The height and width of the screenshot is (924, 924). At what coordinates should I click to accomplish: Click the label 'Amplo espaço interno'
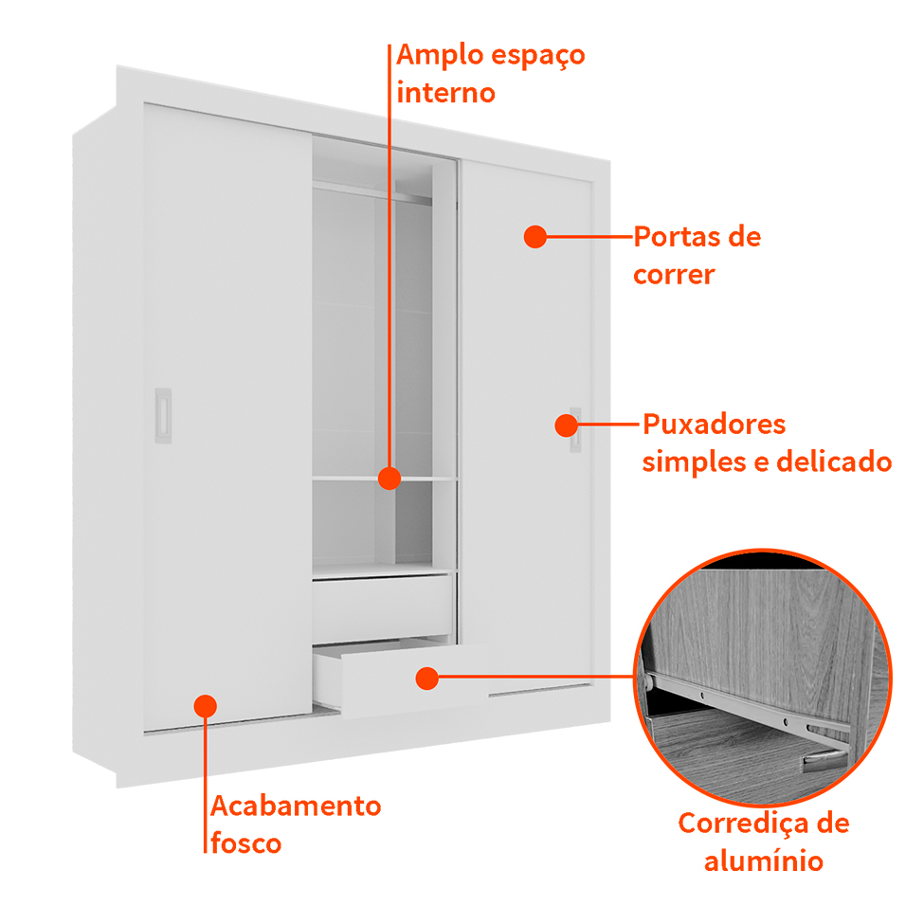pos(490,73)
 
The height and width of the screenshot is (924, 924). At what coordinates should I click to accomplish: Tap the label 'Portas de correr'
pos(697,255)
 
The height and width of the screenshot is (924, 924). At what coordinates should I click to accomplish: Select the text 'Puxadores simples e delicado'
pos(766,443)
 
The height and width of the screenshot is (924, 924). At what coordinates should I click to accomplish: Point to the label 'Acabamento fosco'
pos(295,824)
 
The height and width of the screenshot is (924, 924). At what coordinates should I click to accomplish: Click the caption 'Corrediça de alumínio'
pos(763,842)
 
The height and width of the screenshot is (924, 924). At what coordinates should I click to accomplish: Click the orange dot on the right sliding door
pos(535,237)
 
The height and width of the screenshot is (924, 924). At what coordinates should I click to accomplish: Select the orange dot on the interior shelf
pos(389,478)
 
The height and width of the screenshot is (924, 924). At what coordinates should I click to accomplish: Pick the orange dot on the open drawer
pos(427,678)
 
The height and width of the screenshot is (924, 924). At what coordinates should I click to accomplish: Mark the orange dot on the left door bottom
pos(206,705)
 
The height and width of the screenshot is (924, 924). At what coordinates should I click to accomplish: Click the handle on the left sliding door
pos(164,415)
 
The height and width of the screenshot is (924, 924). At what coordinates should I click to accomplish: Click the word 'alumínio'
pos(763,861)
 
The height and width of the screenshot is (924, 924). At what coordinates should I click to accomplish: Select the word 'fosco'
pos(245,843)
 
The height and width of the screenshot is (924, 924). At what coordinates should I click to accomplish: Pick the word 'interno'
pos(445,93)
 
